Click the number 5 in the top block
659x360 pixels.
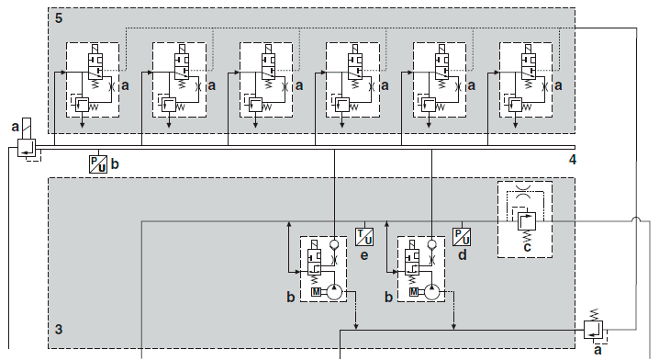(59, 18)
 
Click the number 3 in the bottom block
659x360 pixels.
(59, 329)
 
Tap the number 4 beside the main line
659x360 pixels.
(572, 160)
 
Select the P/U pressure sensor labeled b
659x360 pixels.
(98, 164)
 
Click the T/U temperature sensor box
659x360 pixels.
(364, 236)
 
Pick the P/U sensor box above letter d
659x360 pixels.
(462, 237)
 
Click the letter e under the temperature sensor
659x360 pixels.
(364, 255)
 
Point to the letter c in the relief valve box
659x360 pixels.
(527, 247)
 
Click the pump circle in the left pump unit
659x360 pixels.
(334, 292)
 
